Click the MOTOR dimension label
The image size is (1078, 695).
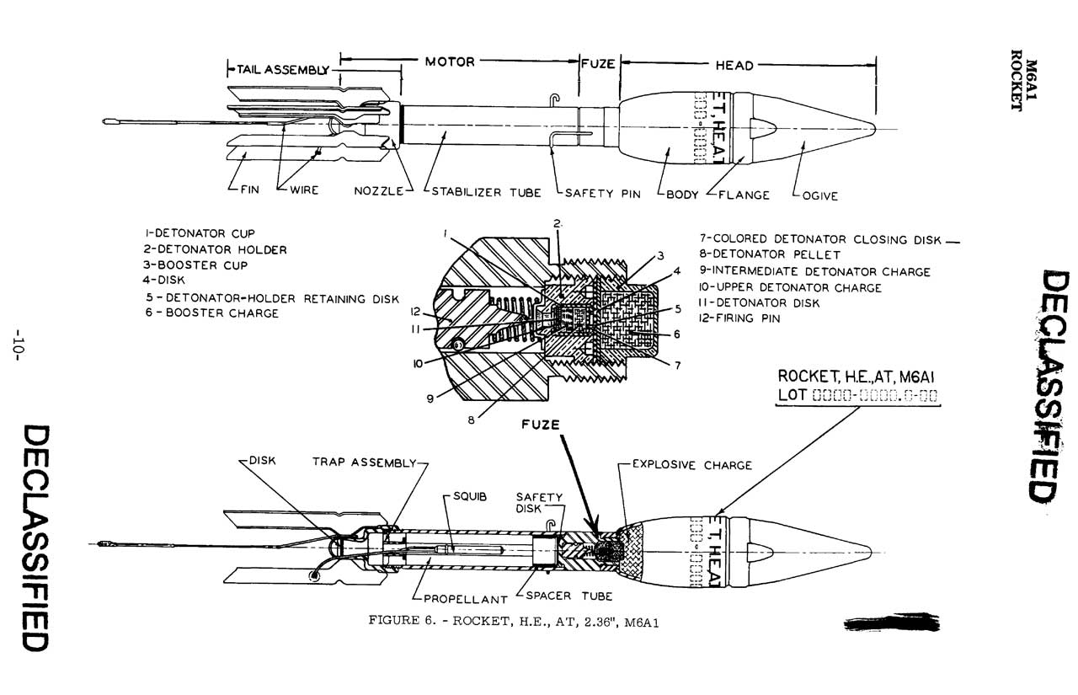pos(450,61)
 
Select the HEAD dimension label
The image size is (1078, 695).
pos(734,65)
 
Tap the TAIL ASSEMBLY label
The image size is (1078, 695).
pos(280,69)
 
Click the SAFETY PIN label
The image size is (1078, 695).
pos(602,193)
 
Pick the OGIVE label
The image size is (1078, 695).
pos(816,195)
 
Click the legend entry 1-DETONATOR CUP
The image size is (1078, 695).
pos(200,233)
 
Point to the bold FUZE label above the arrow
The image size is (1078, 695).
pos(540,425)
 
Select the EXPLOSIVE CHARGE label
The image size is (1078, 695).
pos(691,464)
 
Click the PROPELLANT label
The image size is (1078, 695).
pos(465,600)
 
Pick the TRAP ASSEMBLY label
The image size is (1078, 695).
pos(364,462)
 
